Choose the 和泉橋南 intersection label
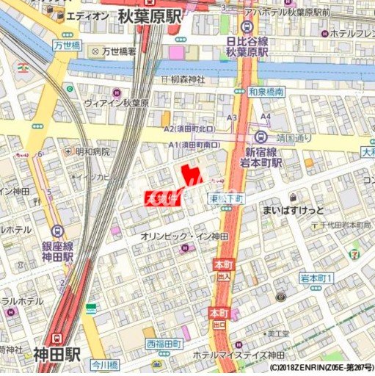[x=266, y=93]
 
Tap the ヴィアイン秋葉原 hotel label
[x=117, y=103]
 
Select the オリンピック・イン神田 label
[x=183, y=236]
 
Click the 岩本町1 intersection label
[x=317, y=278]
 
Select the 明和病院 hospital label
[x=92, y=151]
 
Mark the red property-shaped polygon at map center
[x=190, y=176]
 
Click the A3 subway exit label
[x=232, y=117]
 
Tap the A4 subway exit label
[x=266, y=116]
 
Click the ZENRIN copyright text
[x=320, y=368]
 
